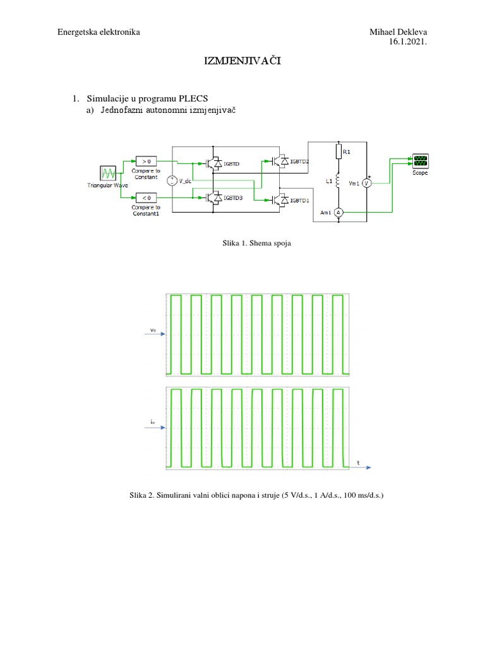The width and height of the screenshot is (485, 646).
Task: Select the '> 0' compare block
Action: click(x=145, y=161)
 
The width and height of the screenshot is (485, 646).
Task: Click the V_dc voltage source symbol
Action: click(x=171, y=181)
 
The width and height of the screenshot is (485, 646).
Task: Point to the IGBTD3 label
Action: click(x=233, y=197)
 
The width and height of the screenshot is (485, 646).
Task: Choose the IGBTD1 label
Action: click(x=299, y=201)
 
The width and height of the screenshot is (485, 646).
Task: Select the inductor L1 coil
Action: click(x=338, y=182)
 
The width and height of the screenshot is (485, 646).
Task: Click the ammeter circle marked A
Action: click(x=338, y=213)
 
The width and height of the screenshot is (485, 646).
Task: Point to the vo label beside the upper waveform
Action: click(x=153, y=330)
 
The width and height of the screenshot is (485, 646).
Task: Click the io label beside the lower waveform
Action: click(x=153, y=421)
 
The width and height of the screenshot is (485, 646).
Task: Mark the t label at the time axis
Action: click(x=359, y=463)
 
